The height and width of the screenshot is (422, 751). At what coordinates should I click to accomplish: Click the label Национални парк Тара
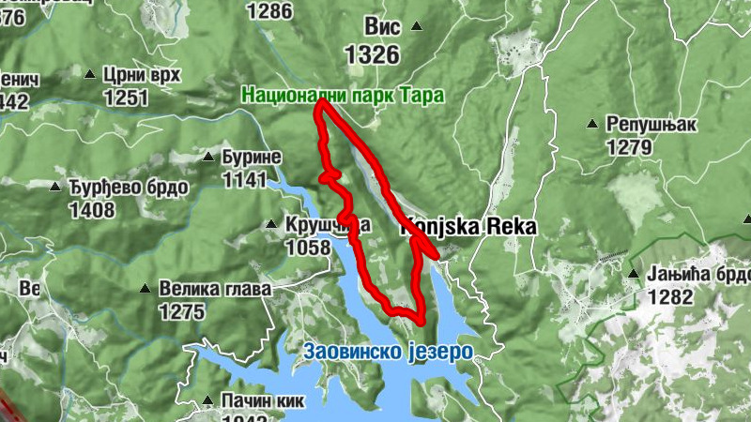(342, 95)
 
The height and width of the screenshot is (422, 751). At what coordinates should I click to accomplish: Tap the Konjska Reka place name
(469, 227)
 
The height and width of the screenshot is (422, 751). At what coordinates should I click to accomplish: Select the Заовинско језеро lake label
(388, 351)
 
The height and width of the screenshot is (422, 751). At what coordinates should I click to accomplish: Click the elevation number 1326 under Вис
(372, 55)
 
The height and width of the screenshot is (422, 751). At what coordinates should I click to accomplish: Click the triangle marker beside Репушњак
(592, 124)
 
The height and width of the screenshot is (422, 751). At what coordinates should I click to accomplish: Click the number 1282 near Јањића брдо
(669, 297)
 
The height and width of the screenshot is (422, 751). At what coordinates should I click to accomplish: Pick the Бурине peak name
(251, 157)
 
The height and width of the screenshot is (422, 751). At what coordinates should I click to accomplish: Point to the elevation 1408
(92, 209)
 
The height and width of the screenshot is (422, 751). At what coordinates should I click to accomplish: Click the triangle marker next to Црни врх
(90, 73)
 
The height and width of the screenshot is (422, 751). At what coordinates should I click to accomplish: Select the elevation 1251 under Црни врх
(127, 98)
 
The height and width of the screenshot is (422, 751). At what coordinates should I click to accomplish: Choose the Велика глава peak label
(215, 289)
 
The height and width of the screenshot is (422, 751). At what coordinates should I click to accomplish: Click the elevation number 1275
(182, 311)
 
